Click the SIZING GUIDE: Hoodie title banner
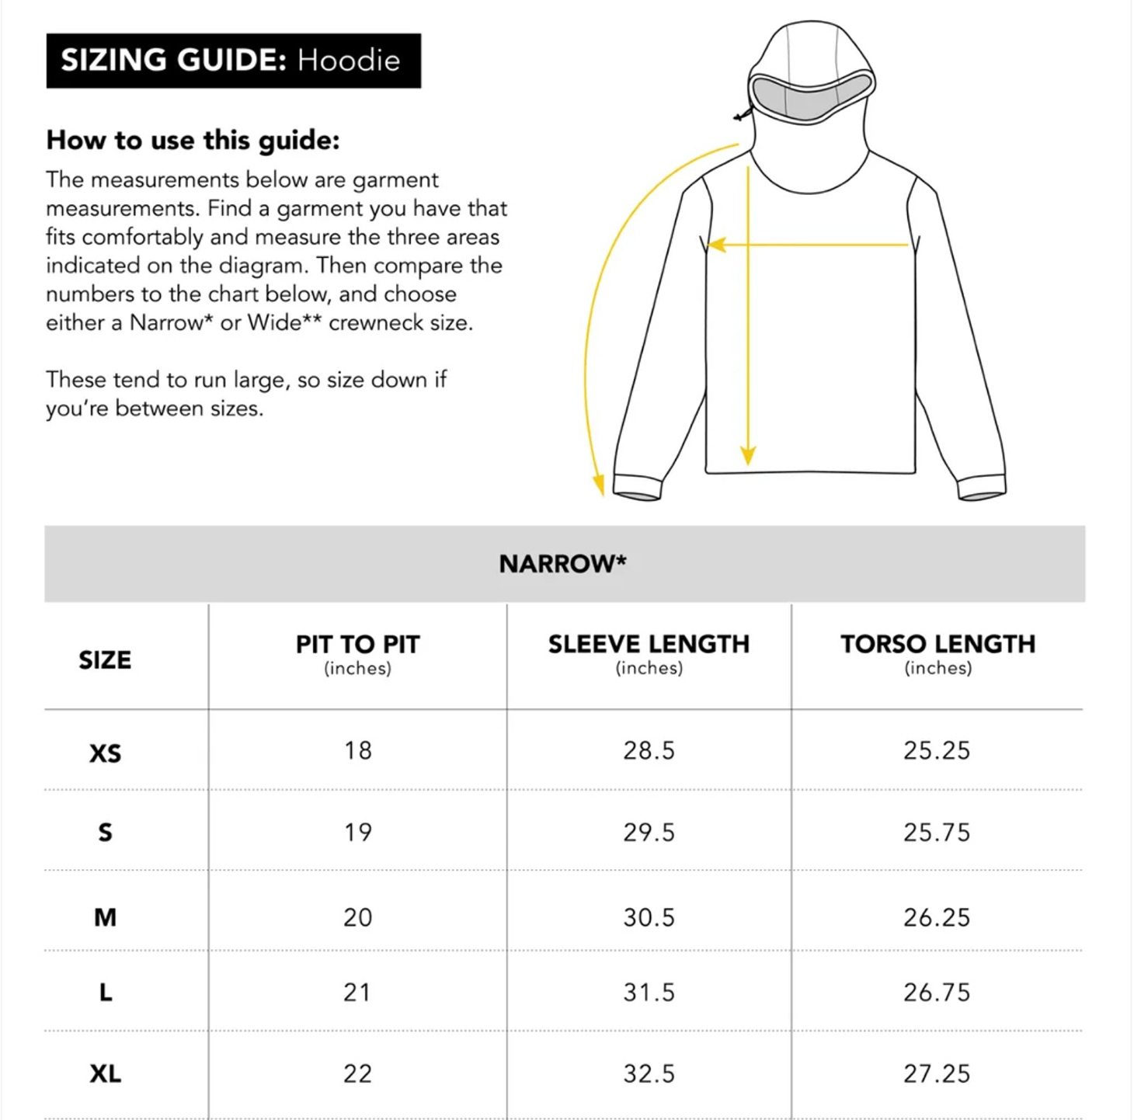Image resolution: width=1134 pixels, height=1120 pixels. pos(233,61)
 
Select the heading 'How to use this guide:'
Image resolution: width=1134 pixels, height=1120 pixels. pos(193,141)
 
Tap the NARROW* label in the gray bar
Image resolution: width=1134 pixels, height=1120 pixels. pos(562,564)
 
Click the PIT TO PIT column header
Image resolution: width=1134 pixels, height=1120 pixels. pos(357,645)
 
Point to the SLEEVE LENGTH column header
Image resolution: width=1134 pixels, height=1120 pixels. pos(649,645)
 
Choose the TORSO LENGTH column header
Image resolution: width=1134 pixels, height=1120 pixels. pos(937,645)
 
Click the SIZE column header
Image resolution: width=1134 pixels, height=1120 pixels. pos(105,660)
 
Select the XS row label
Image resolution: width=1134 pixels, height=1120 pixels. pos(105,753)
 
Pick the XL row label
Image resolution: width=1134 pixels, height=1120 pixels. pos(105,1074)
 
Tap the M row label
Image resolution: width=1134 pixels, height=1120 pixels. pos(105,917)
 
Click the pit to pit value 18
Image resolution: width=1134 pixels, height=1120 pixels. pos(358,750)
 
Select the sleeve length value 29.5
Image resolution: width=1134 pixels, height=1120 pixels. pos(649,833)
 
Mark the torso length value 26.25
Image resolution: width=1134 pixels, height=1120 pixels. pos(937,917)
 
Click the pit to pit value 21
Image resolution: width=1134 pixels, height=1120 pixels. pos(357,993)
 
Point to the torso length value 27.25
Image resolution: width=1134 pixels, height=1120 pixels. pos(937,1074)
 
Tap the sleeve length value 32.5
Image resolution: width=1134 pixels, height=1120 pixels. pos(649,1074)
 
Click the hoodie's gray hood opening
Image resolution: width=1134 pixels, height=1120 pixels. pos(810,97)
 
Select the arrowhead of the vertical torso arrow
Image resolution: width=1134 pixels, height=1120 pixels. pos(748,456)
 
